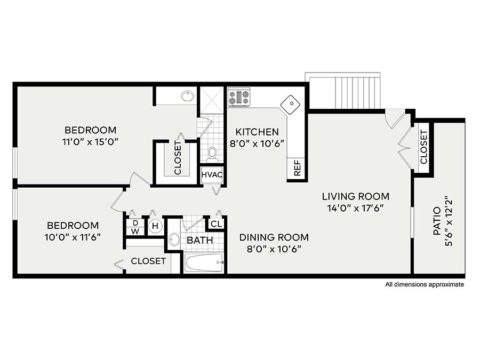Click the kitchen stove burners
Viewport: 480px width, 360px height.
point(239,97)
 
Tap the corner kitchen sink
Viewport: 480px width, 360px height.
point(291,104)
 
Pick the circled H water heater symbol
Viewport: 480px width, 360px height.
point(155,226)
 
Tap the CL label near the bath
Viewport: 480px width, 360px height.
point(215,223)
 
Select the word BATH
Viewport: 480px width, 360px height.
point(199,241)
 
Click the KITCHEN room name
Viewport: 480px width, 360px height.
point(256,131)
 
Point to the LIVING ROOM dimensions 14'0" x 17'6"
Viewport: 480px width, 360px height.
point(355,208)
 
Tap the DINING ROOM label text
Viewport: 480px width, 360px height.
point(274,237)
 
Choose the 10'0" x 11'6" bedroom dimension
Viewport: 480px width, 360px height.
point(72,238)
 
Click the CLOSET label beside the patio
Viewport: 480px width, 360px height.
point(424,148)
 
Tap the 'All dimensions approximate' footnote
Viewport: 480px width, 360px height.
point(424,285)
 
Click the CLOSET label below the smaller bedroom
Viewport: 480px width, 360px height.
point(148,261)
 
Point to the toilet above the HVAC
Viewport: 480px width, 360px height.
point(212,152)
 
